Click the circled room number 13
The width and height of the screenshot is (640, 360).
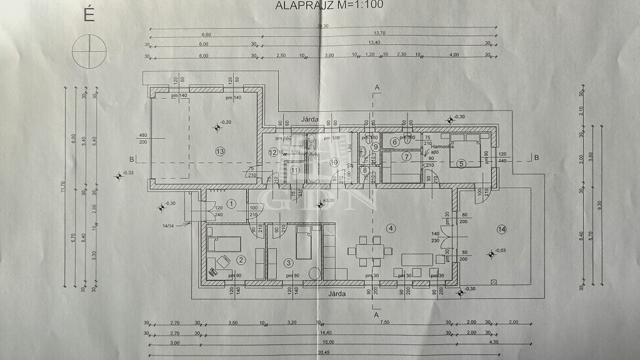(x=219, y=151)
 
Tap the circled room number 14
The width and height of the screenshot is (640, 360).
(x=501, y=229)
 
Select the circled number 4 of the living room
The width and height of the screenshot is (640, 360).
(x=391, y=227)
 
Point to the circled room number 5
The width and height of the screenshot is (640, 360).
(x=461, y=164)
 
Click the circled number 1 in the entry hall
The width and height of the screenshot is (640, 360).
(x=231, y=202)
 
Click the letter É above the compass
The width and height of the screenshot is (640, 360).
(x=89, y=16)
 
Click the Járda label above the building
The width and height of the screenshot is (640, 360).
(x=310, y=119)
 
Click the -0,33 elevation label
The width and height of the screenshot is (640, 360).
(x=127, y=172)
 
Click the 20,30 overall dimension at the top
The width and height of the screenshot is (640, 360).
(x=322, y=26)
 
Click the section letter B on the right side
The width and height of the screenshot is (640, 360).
(x=536, y=157)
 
